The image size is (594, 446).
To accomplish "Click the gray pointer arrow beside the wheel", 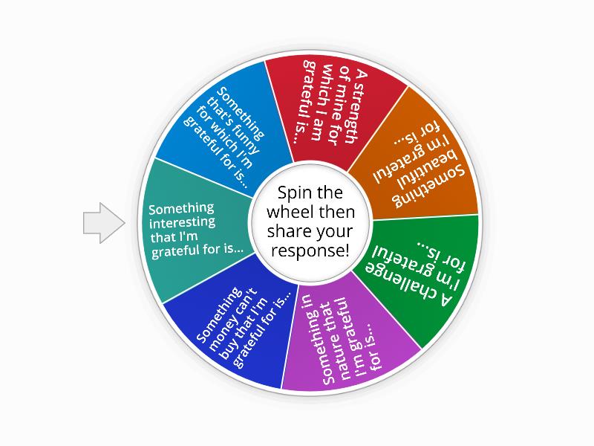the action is coord(104,222).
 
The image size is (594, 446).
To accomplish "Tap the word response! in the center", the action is coord(310,251).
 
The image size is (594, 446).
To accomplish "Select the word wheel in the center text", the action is coord(290,212).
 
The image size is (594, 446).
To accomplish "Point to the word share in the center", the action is coord(290,231).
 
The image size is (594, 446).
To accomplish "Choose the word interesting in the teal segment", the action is coord(182,222).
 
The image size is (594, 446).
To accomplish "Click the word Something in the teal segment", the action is coord(181,209).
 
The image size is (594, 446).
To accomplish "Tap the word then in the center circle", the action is coord(336,212).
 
